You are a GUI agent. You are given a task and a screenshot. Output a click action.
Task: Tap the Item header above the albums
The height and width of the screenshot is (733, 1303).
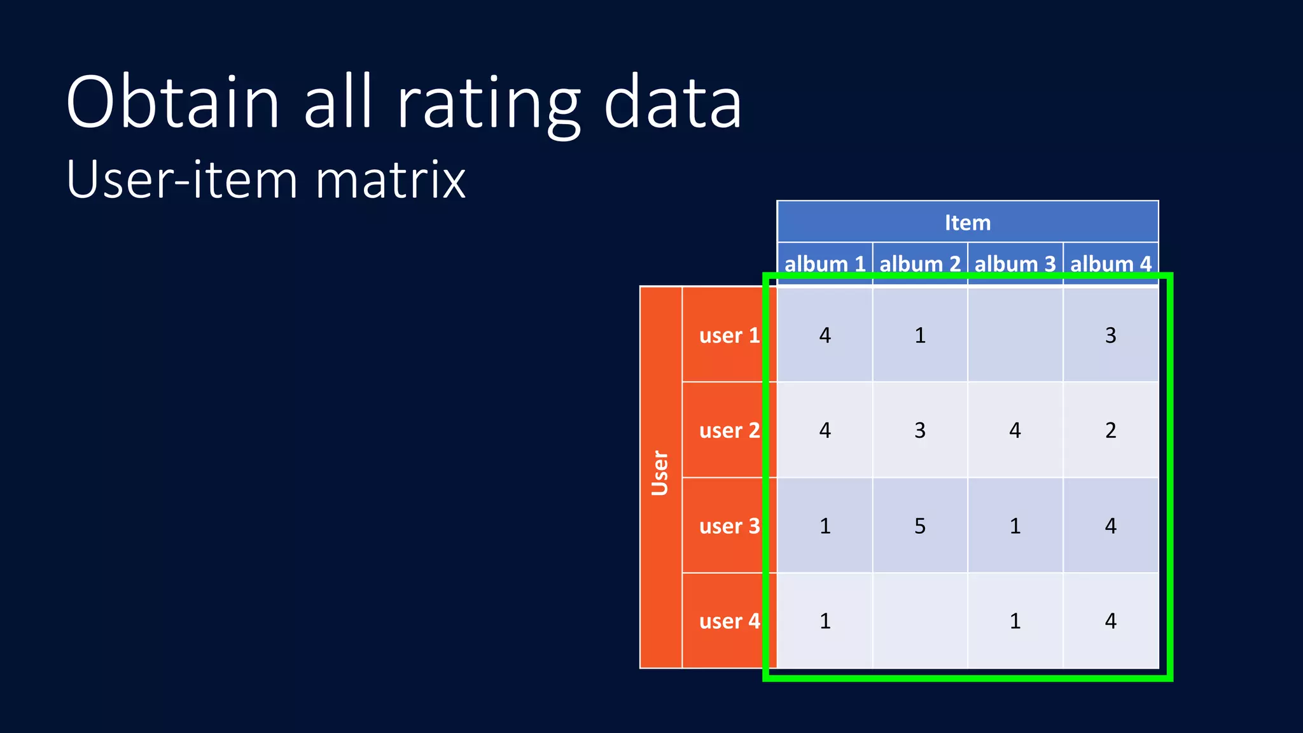coord(967,223)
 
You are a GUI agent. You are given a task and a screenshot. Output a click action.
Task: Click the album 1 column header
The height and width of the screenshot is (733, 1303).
coord(825,263)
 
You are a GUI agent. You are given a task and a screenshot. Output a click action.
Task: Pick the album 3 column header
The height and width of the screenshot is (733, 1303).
coord(1015,263)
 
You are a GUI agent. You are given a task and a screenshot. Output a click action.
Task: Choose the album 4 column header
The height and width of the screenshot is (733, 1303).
coord(1110,263)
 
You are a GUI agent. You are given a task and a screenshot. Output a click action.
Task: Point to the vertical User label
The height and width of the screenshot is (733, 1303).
coord(660,473)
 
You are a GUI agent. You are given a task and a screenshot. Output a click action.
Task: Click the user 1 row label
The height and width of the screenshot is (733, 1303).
coord(729,335)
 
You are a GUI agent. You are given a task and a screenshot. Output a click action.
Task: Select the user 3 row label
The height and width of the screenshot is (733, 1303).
coord(729,526)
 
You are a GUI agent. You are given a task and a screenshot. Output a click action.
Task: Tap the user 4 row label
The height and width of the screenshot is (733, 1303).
coord(729,620)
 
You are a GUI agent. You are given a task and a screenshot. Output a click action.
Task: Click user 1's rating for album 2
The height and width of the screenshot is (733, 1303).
coord(920,335)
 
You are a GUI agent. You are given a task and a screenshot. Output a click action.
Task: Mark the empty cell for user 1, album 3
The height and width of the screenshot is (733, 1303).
coord(1015,335)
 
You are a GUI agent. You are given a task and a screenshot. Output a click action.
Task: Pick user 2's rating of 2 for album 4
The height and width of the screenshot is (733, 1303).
coord(1110,430)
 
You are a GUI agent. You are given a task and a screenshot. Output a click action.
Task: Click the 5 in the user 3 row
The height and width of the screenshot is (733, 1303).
coord(920,526)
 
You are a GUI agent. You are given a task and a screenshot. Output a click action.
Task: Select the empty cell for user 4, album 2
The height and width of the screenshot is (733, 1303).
coord(920,620)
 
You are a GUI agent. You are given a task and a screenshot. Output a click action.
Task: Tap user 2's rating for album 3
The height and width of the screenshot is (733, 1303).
coord(1015,430)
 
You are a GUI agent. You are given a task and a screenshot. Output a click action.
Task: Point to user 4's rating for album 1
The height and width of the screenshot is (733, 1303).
coord(825,620)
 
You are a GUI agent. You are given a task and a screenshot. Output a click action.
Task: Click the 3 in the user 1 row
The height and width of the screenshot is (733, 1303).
coord(1110,335)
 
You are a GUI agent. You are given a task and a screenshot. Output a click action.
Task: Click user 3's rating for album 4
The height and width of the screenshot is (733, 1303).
coord(1110,526)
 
